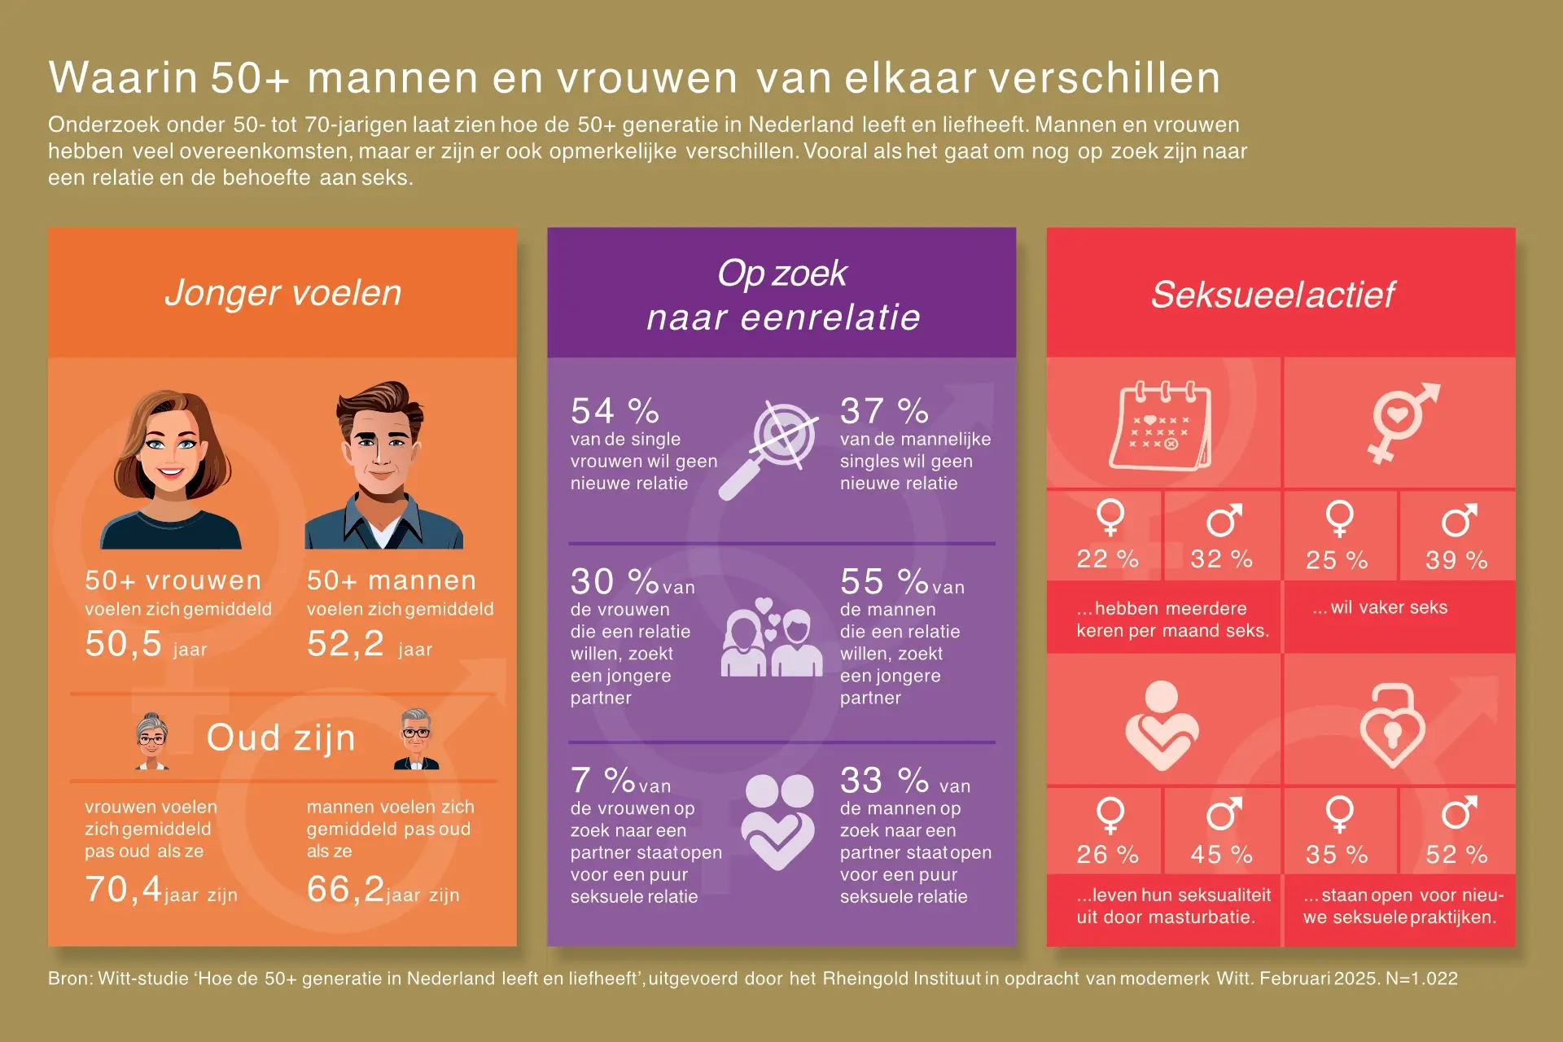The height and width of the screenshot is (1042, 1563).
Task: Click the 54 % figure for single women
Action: (x=615, y=411)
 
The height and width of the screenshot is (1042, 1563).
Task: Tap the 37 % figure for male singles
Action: (x=884, y=411)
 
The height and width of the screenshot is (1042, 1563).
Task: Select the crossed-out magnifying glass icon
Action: (x=769, y=449)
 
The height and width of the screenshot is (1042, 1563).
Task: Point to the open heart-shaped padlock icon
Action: (x=1392, y=726)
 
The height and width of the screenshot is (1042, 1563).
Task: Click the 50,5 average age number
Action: (x=124, y=644)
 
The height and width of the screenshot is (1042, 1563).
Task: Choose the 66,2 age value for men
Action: (x=345, y=889)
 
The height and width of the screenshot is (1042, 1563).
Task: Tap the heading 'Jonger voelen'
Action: (x=283, y=293)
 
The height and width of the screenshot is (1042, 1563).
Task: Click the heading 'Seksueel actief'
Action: (x=1273, y=295)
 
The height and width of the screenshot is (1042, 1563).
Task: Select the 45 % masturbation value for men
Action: (x=1221, y=854)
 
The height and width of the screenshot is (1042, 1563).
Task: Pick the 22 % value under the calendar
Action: (x=1107, y=559)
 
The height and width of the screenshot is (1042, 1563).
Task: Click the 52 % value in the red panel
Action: (x=1456, y=854)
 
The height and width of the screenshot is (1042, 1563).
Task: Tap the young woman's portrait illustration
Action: (x=172, y=468)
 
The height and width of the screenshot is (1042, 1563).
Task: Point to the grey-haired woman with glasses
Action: (x=152, y=741)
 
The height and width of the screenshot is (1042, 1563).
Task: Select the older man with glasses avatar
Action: (x=416, y=739)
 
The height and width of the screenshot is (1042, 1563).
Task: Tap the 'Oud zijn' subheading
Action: (x=281, y=738)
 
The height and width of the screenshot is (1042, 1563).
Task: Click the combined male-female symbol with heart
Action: (x=1401, y=420)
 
